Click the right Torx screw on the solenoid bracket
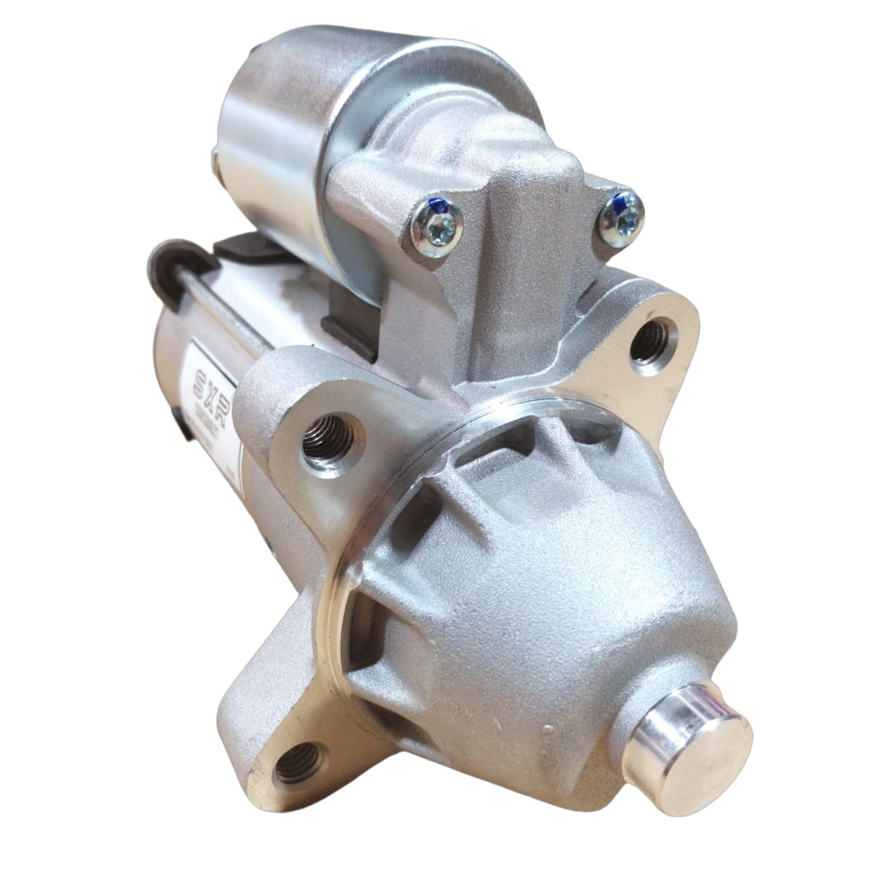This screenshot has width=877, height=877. click(623, 214)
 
